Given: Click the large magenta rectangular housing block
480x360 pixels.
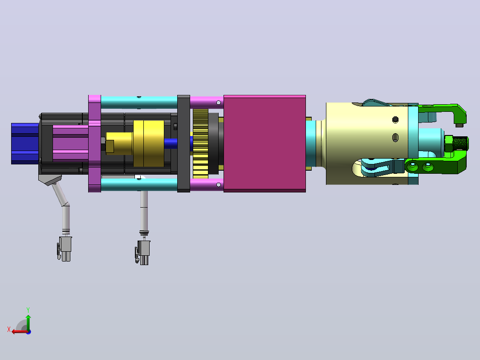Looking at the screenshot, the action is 264,144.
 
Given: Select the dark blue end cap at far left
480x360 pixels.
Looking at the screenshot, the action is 25,144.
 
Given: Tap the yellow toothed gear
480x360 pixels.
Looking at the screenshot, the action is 200,144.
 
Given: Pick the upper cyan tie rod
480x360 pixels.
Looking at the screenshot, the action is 139,102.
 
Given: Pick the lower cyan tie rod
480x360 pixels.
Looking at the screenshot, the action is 139,184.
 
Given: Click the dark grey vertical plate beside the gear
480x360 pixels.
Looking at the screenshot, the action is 183,144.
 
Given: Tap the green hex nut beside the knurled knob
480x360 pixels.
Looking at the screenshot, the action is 448,143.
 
